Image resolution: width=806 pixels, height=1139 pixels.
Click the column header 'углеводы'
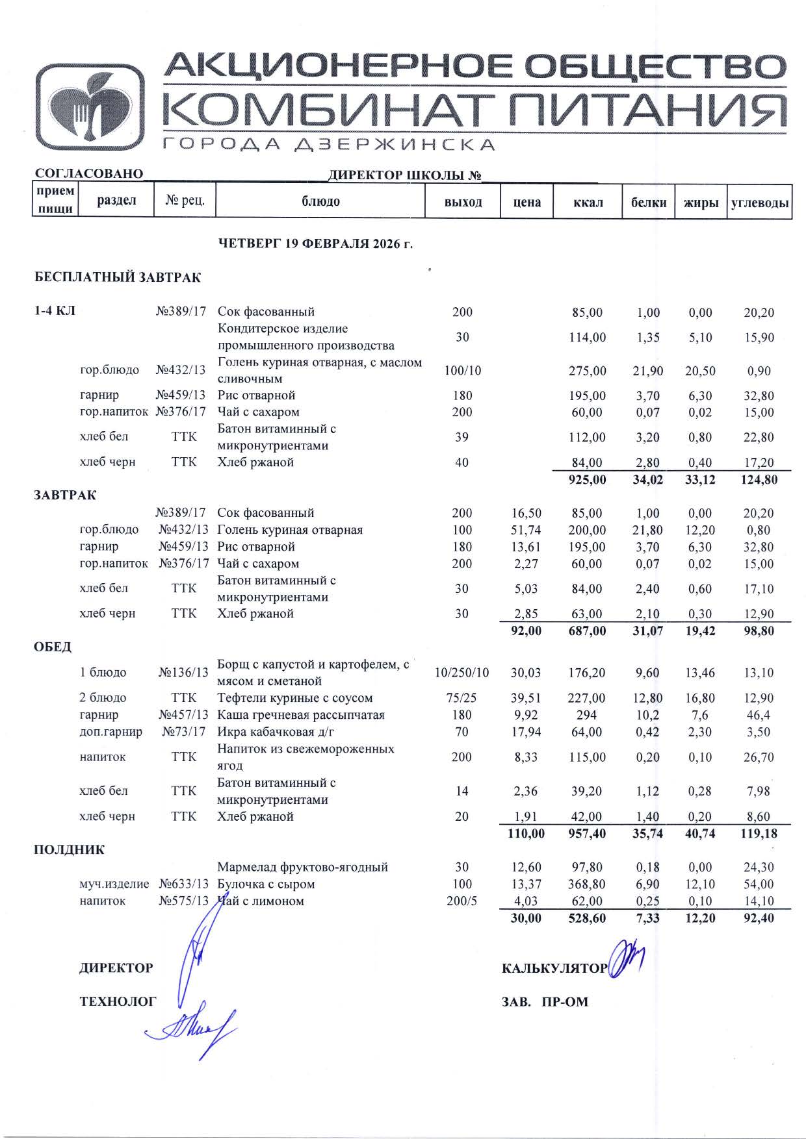click(760, 203)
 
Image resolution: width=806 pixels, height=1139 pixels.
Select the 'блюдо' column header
click(320, 201)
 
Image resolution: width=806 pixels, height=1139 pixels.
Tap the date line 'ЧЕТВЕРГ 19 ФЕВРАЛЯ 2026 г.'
click(315, 244)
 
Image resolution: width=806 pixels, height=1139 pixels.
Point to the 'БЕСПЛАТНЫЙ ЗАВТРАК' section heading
click(118, 278)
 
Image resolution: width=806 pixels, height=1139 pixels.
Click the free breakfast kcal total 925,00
click(587, 480)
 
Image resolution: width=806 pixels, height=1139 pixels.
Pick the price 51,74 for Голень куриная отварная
click(526, 530)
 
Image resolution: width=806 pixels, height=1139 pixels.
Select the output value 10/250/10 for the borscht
click(461, 673)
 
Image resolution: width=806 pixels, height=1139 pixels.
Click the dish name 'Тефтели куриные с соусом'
click(295, 698)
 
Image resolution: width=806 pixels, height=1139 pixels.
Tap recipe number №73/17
click(185, 732)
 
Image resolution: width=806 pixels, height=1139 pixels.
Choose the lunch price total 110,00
click(526, 833)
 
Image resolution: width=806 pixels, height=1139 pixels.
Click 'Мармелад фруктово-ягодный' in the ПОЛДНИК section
click(302, 867)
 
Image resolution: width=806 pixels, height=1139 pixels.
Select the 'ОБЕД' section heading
click(53, 647)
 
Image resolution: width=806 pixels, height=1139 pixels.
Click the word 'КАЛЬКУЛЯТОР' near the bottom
click(554, 969)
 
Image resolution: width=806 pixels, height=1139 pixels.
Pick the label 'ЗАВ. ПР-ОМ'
click(545, 1002)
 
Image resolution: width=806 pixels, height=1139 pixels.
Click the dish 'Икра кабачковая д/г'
click(276, 732)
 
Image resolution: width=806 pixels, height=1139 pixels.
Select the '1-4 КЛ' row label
click(55, 311)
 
